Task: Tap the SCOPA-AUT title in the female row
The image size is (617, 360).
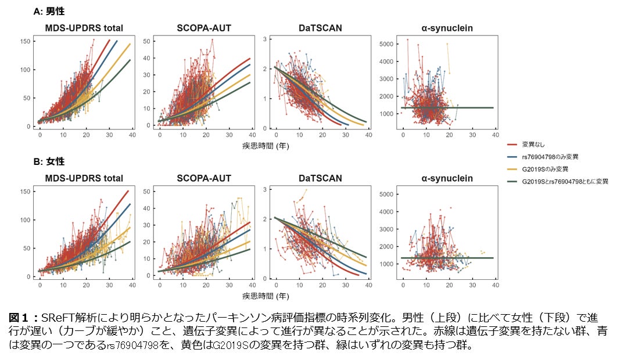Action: tap(199, 178)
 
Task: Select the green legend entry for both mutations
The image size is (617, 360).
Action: tap(565, 182)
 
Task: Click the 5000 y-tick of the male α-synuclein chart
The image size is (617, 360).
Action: tap(386, 44)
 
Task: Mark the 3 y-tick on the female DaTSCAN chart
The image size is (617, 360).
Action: tap(265, 189)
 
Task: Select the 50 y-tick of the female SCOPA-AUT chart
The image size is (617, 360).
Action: tap(148, 191)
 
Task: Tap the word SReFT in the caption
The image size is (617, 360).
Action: tap(54, 317)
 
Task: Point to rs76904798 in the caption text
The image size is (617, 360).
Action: tap(138, 346)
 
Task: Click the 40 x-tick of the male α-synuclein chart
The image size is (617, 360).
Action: tap(495, 134)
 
